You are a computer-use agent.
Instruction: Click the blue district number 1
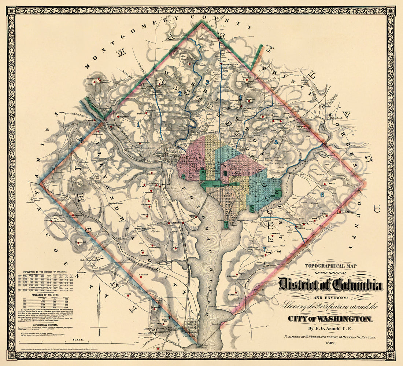click(138, 125)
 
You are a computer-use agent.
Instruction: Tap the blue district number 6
click(322, 195)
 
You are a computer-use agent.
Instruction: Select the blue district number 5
click(276, 142)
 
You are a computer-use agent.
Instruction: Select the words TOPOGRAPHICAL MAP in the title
click(325, 266)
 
